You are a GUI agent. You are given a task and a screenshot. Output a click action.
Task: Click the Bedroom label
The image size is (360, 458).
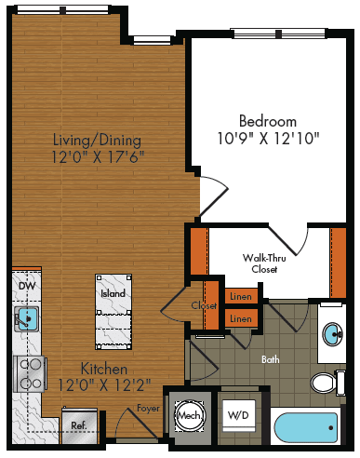click(x=267, y=121)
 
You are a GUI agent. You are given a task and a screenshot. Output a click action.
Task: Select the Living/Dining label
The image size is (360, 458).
click(x=98, y=141)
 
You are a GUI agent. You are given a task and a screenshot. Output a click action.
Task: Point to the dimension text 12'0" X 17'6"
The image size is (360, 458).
click(x=98, y=157)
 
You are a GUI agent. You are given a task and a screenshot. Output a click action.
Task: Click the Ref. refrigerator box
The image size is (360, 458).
click(x=79, y=424)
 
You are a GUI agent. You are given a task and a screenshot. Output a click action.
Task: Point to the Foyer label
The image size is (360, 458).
click(x=147, y=408)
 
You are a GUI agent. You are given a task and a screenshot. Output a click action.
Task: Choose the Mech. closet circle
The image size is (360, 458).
click(x=189, y=414)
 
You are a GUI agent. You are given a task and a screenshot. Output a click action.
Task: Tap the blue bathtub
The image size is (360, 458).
click(x=308, y=431)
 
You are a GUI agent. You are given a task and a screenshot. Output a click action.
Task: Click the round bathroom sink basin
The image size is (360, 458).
click(x=333, y=334)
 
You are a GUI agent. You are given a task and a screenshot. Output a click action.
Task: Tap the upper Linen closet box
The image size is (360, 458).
click(x=240, y=295)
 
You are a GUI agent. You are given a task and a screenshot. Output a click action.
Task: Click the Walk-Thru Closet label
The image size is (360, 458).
click(x=260, y=263)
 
